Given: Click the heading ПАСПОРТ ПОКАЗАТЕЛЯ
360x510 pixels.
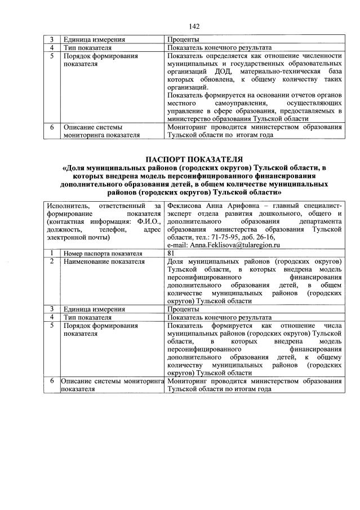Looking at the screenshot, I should tap(194, 159).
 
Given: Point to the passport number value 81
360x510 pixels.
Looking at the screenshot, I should tap(171, 254).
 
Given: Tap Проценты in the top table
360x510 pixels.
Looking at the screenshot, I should tap(183, 40).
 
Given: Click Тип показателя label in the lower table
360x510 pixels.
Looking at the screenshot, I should tap(87, 317).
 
